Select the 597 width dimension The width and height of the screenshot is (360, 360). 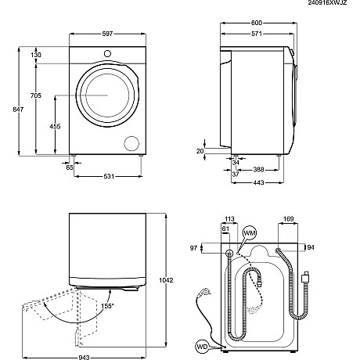106,34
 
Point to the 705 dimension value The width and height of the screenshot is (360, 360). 36,96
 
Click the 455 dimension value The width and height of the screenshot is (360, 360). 56,125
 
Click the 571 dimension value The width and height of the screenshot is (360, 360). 255,34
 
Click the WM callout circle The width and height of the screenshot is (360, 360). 250,233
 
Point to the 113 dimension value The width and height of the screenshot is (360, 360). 230,221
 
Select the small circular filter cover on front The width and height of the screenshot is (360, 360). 131,144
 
